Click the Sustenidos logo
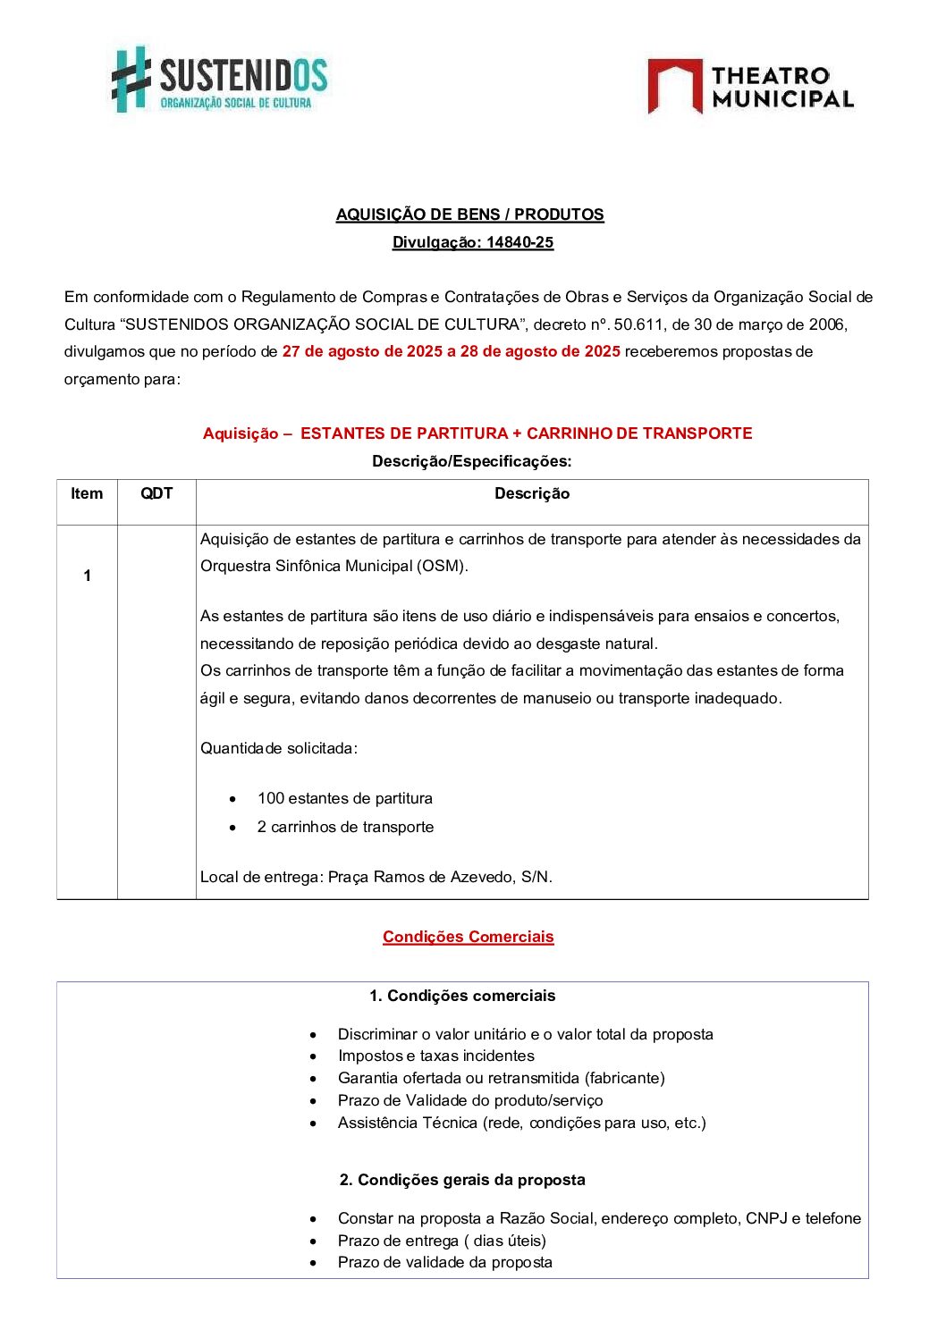tap(219, 80)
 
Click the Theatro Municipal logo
tap(750, 87)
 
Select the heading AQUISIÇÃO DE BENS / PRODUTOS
tap(469, 215)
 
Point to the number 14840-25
tap(519, 242)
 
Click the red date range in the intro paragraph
tap(451, 351)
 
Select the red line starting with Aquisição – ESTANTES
tap(477, 433)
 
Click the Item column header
tap(87, 493)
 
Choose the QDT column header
tap(156, 493)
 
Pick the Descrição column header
tap(532, 493)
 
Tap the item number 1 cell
tap(87, 576)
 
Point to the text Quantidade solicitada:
tap(278, 748)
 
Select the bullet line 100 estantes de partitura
tap(344, 798)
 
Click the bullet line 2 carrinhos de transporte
tap(345, 827)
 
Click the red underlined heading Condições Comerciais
tap(468, 937)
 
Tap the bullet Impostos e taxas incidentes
tap(435, 1056)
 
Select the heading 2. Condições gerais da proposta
tap(462, 1180)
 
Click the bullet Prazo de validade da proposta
tap(444, 1262)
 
